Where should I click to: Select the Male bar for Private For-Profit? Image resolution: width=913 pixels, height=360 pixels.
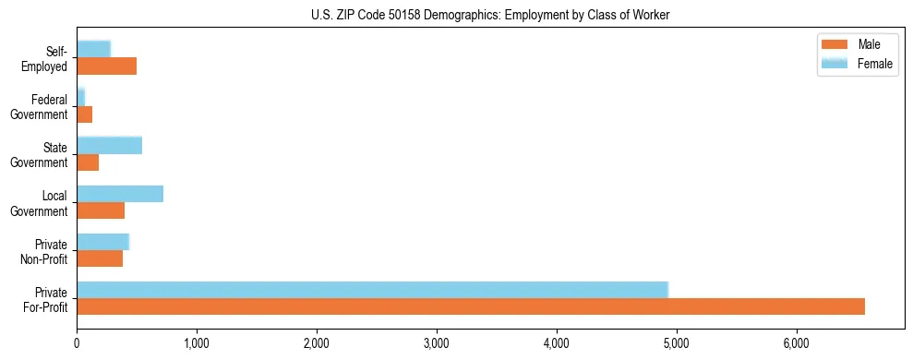point(471,306)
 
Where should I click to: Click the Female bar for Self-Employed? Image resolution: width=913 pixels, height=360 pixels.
point(93,49)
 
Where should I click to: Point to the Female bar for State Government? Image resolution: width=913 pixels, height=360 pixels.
point(109,145)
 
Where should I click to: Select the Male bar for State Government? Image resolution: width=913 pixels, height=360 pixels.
point(88,162)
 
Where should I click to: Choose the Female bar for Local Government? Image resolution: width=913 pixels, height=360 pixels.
point(120,193)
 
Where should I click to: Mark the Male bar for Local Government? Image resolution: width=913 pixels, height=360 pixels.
point(101,210)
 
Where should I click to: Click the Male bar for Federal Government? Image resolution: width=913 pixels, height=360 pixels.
point(85,114)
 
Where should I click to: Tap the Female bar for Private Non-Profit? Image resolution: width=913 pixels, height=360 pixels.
point(102,242)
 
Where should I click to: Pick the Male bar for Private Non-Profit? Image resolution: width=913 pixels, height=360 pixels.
point(100,258)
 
